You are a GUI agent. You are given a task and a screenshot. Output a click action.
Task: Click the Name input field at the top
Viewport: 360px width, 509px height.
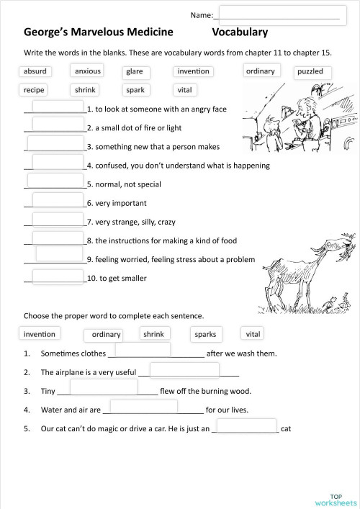[278, 14]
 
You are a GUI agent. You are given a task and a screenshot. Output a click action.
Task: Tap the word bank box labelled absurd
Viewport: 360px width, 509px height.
[35, 71]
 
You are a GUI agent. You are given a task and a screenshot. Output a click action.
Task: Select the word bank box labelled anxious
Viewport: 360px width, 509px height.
[87, 71]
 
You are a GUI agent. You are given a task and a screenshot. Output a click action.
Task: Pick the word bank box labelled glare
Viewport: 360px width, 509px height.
[135, 71]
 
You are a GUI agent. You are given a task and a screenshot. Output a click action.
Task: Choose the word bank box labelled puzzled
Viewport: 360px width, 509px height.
[310, 72]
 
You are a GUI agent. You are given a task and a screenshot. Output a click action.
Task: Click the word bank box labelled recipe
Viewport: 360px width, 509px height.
[35, 90]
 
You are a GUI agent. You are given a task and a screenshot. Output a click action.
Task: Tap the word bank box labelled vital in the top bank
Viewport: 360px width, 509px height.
[182, 90]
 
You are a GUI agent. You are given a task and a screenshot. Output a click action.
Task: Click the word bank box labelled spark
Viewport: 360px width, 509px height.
[135, 90]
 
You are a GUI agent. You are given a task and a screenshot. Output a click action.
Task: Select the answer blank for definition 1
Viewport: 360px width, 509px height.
[58, 106]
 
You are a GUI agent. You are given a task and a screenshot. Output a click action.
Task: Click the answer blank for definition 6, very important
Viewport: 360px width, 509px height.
[58, 199]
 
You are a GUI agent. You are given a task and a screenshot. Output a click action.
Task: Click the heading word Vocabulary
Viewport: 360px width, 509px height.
[240, 32]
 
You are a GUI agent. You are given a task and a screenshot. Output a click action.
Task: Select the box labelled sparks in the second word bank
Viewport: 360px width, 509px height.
[204, 334]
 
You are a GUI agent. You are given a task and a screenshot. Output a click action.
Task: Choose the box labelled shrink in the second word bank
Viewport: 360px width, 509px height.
[153, 334]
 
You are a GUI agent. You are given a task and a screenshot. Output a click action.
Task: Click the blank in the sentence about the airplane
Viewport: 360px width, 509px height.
[185, 369]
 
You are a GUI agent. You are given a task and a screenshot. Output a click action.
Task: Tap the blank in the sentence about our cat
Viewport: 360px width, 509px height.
[246, 425]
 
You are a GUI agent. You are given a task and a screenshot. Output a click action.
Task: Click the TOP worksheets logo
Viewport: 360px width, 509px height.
[337, 499]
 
